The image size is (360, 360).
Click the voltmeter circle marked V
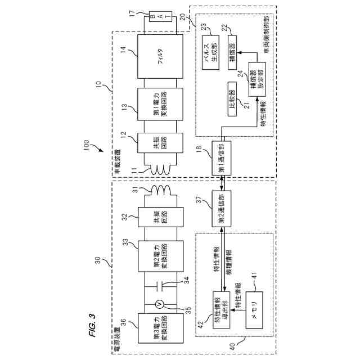pyautogui.click(x=159, y=304)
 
